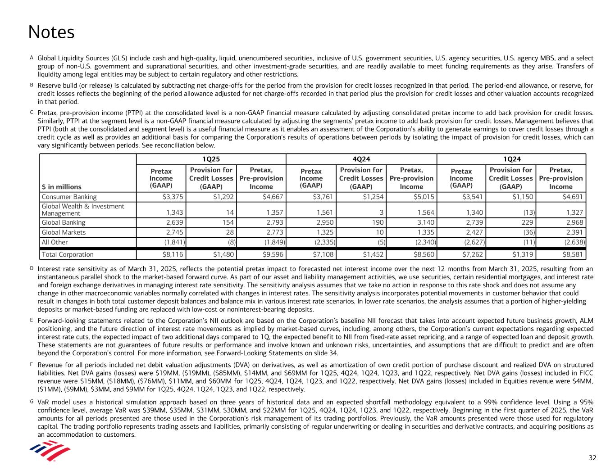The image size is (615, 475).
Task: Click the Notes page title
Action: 51,32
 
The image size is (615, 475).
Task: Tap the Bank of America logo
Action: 50,451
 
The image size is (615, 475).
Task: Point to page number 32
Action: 592,458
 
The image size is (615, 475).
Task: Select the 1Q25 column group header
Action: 211,159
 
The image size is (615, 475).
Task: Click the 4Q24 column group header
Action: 361,159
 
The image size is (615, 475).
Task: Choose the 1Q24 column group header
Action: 511,159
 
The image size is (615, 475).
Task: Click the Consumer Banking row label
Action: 69,197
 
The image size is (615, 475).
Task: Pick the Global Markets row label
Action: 64,232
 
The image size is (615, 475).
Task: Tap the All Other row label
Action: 55,242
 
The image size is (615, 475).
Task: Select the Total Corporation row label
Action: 68,254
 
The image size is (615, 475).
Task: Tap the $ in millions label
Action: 62,187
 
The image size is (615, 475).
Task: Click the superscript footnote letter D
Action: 32,268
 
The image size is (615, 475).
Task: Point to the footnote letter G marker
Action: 32,401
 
